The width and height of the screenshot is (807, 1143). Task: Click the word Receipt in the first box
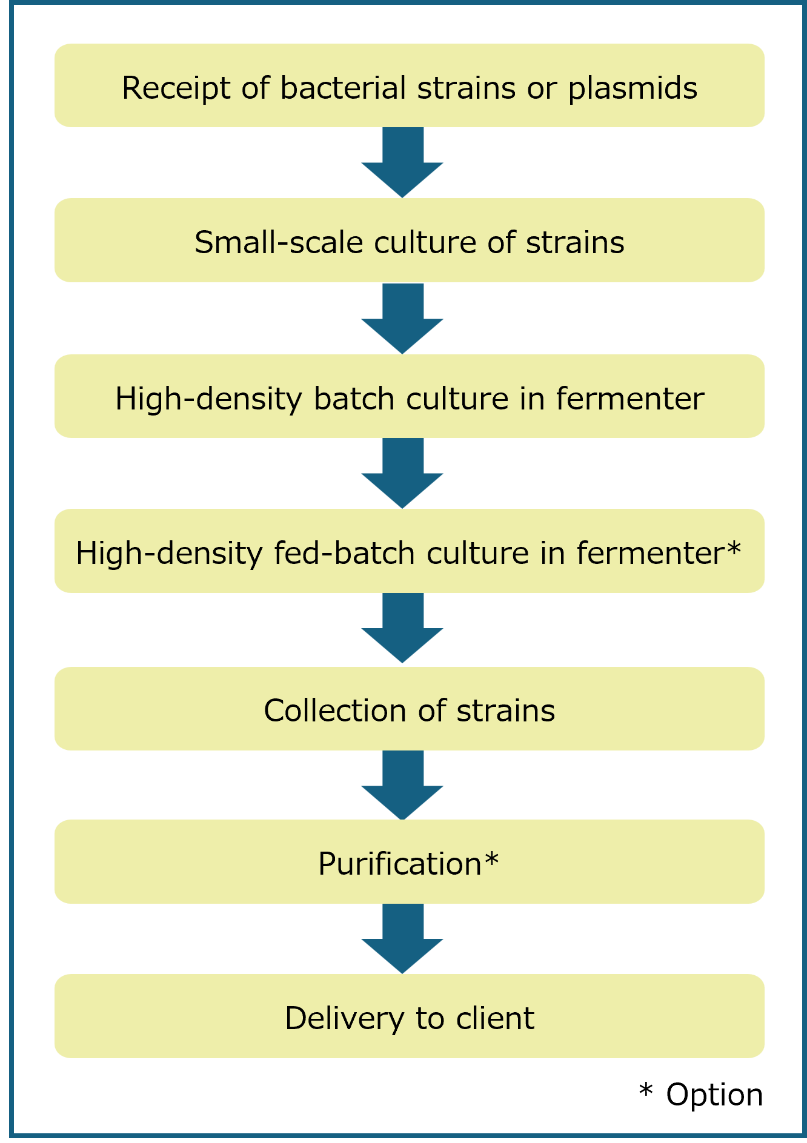tap(176, 88)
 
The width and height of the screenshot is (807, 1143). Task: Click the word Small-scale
tap(278, 242)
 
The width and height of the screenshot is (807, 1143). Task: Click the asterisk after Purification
tap(491, 859)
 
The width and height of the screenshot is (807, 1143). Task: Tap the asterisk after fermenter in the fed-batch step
tap(733, 549)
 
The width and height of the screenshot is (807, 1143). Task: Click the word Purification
tap(400, 864)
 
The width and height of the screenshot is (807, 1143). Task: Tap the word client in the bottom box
tap(495, 1018)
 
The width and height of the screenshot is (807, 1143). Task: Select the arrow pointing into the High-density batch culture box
tap(402, 319)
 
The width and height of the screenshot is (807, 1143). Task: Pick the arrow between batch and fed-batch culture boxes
tap(402, 474)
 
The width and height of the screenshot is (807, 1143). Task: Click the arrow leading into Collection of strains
tap(402, 629)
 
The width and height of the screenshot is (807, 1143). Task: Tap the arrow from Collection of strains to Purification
tap(402, 786)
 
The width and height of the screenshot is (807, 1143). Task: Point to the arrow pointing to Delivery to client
tap(402, 939)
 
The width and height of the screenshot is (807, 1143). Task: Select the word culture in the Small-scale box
tap(425, 242)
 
